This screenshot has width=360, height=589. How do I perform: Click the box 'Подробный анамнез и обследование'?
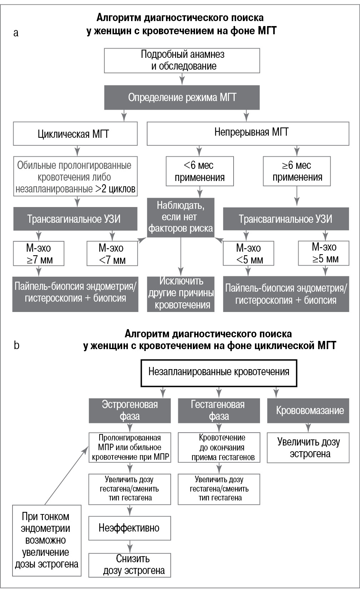click(x=182, y=60)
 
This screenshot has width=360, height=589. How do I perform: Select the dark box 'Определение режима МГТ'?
click(x=182, y=97)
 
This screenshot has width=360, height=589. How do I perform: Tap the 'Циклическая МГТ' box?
click(x=75, y=134)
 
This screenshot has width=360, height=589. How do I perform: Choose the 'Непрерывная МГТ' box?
click(x=248, y=133)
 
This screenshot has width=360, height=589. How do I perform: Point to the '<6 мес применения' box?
click(x=200, y=171)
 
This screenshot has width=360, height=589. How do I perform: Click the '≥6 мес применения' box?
click(x=297, y=171)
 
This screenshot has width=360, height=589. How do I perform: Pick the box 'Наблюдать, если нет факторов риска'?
click(x=181, y=217)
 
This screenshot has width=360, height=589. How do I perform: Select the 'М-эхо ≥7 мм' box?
click(x=39, y=253)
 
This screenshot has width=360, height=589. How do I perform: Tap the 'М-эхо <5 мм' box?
click(x=249, y=253)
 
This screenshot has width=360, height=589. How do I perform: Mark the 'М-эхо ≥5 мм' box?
click(x=324, y=253)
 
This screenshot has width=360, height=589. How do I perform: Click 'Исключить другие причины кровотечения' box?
click(x=181, y=294)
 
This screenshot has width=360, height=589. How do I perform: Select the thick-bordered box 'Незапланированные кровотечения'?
click(x=219, y=373)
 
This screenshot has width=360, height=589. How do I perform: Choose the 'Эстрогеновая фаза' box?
click(x=130, y=411)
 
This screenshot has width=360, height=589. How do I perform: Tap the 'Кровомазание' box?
click(x=308, y=411)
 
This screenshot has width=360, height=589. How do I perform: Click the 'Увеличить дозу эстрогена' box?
click(x=308, y=448)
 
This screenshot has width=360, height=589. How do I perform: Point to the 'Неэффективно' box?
click(x=130, y=528)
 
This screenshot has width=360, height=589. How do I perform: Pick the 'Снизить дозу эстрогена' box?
click(x=130, y=565)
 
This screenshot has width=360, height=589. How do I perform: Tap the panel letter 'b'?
click(x=16, y=345)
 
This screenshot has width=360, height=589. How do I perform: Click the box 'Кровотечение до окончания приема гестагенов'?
click(x=219, y=448)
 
